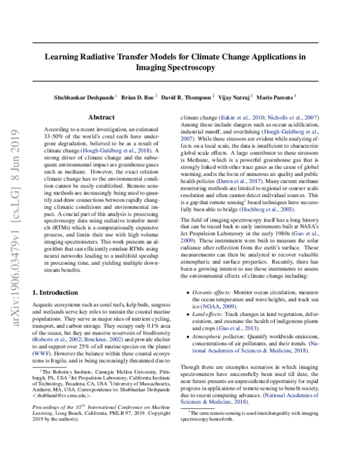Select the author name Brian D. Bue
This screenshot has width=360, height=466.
pos(137,96)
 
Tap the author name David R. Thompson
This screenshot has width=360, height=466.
pos(187,96)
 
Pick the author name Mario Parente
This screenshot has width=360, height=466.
pos(277,96)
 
